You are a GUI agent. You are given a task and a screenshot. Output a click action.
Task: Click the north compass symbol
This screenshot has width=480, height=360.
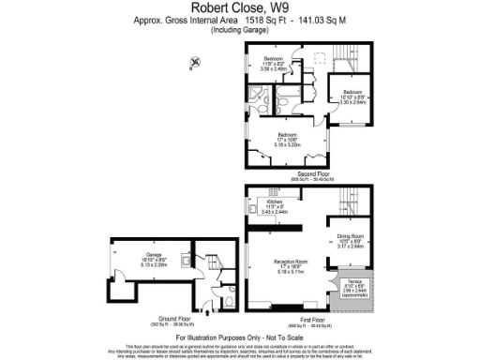(194, 64)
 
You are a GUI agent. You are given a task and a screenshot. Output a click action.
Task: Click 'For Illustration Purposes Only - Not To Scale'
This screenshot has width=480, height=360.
(239, 335)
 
